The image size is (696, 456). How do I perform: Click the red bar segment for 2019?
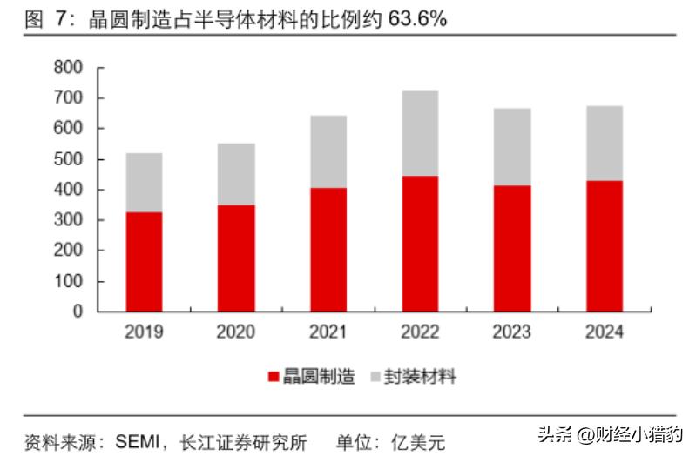pyautogui.click(x=144, y=261)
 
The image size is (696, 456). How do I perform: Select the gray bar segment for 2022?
pyautogui.click(x=420, y=133)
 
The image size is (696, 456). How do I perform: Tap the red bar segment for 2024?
pyautogui.click(x=604, y=245)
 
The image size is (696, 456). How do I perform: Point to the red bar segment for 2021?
pyautogui.click(x=328, y=249)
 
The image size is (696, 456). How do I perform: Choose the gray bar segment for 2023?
pyautogui.click(x=512, y=147)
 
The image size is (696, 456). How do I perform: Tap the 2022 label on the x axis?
pyautogui.click(x=420, y=332)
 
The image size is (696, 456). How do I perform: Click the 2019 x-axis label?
pyautogui.click(x=144, y=332)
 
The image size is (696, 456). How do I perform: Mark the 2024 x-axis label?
pyautogui.click(x=604, y=332)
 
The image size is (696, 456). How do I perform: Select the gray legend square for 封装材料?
pyautogui.click(x=375, y=377)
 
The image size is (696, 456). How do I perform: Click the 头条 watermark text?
pyautogui.click(x=550, y=433)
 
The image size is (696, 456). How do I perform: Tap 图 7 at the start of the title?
pyautogui.click(x=44, y=19)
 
